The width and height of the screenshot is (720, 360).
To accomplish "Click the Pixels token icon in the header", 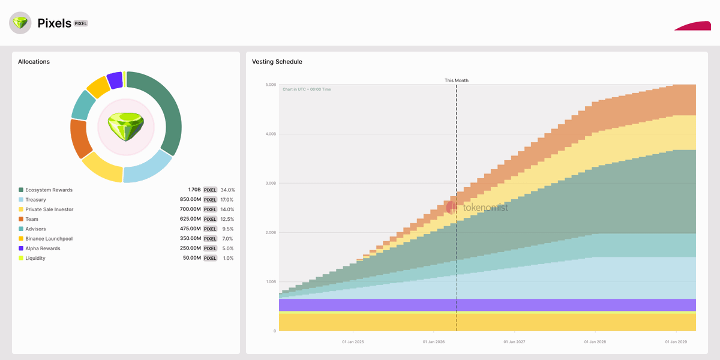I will (20, 23).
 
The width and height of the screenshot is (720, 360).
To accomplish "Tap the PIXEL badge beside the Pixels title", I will (81, 23).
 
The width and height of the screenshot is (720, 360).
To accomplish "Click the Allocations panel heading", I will (34, 62).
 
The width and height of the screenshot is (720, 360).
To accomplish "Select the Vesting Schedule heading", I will (277, 62).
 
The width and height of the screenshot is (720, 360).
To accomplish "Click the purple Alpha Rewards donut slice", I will (114, 80).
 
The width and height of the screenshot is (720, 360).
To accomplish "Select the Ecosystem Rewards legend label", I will (49, 190).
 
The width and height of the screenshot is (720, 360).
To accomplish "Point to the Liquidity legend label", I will (35, 258).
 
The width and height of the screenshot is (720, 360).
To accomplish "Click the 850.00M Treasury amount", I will (190, 200).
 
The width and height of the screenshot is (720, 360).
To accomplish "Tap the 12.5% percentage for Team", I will (227, 219).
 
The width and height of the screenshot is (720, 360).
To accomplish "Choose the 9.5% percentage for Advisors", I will (227, 229).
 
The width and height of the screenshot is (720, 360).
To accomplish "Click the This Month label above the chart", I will (457, 80).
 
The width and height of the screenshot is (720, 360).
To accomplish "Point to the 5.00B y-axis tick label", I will (270, 85).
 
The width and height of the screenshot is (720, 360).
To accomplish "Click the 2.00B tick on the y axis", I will (270, 232).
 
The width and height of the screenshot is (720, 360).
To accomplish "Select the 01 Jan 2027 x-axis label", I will (515, 342).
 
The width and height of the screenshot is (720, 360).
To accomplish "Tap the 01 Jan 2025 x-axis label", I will (353, 342).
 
